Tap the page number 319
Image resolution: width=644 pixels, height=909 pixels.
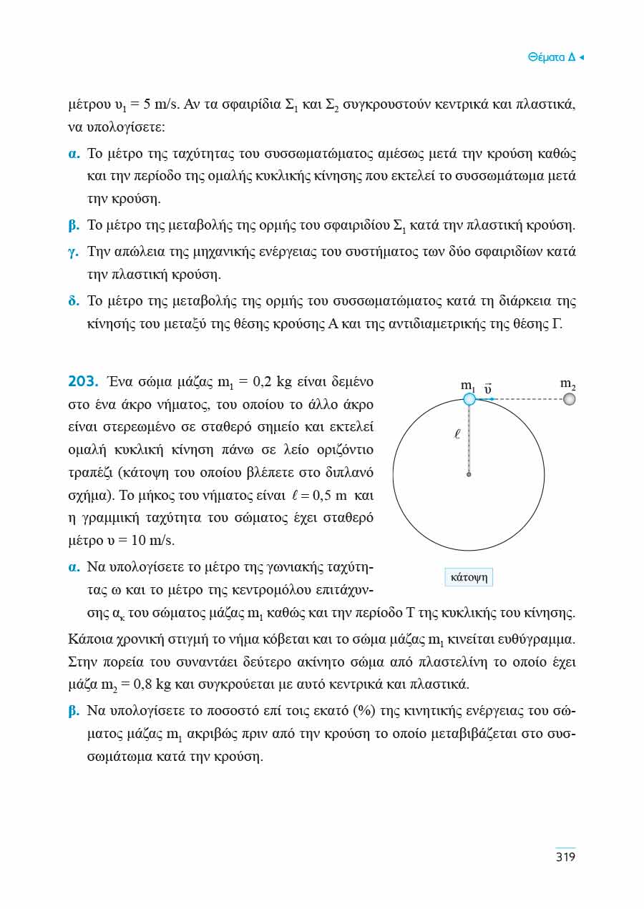565,857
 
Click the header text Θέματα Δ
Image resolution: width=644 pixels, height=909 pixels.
551,57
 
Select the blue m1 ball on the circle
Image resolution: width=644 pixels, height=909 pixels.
469,399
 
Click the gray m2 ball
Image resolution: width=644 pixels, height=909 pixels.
569,399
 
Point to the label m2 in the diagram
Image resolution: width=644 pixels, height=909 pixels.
569,385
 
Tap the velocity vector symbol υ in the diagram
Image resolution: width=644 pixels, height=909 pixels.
487,389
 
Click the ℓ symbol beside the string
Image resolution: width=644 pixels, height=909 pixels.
457,433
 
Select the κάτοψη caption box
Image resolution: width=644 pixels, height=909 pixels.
469,577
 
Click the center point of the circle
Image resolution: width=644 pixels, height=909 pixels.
469,474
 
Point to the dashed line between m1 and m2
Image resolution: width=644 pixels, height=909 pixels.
526,399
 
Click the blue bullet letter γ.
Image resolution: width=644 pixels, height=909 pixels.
73,252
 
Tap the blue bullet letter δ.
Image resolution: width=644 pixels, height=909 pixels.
73,301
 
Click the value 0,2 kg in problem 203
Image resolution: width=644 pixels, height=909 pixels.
273,380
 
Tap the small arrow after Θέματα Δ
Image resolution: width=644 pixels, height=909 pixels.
581,57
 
